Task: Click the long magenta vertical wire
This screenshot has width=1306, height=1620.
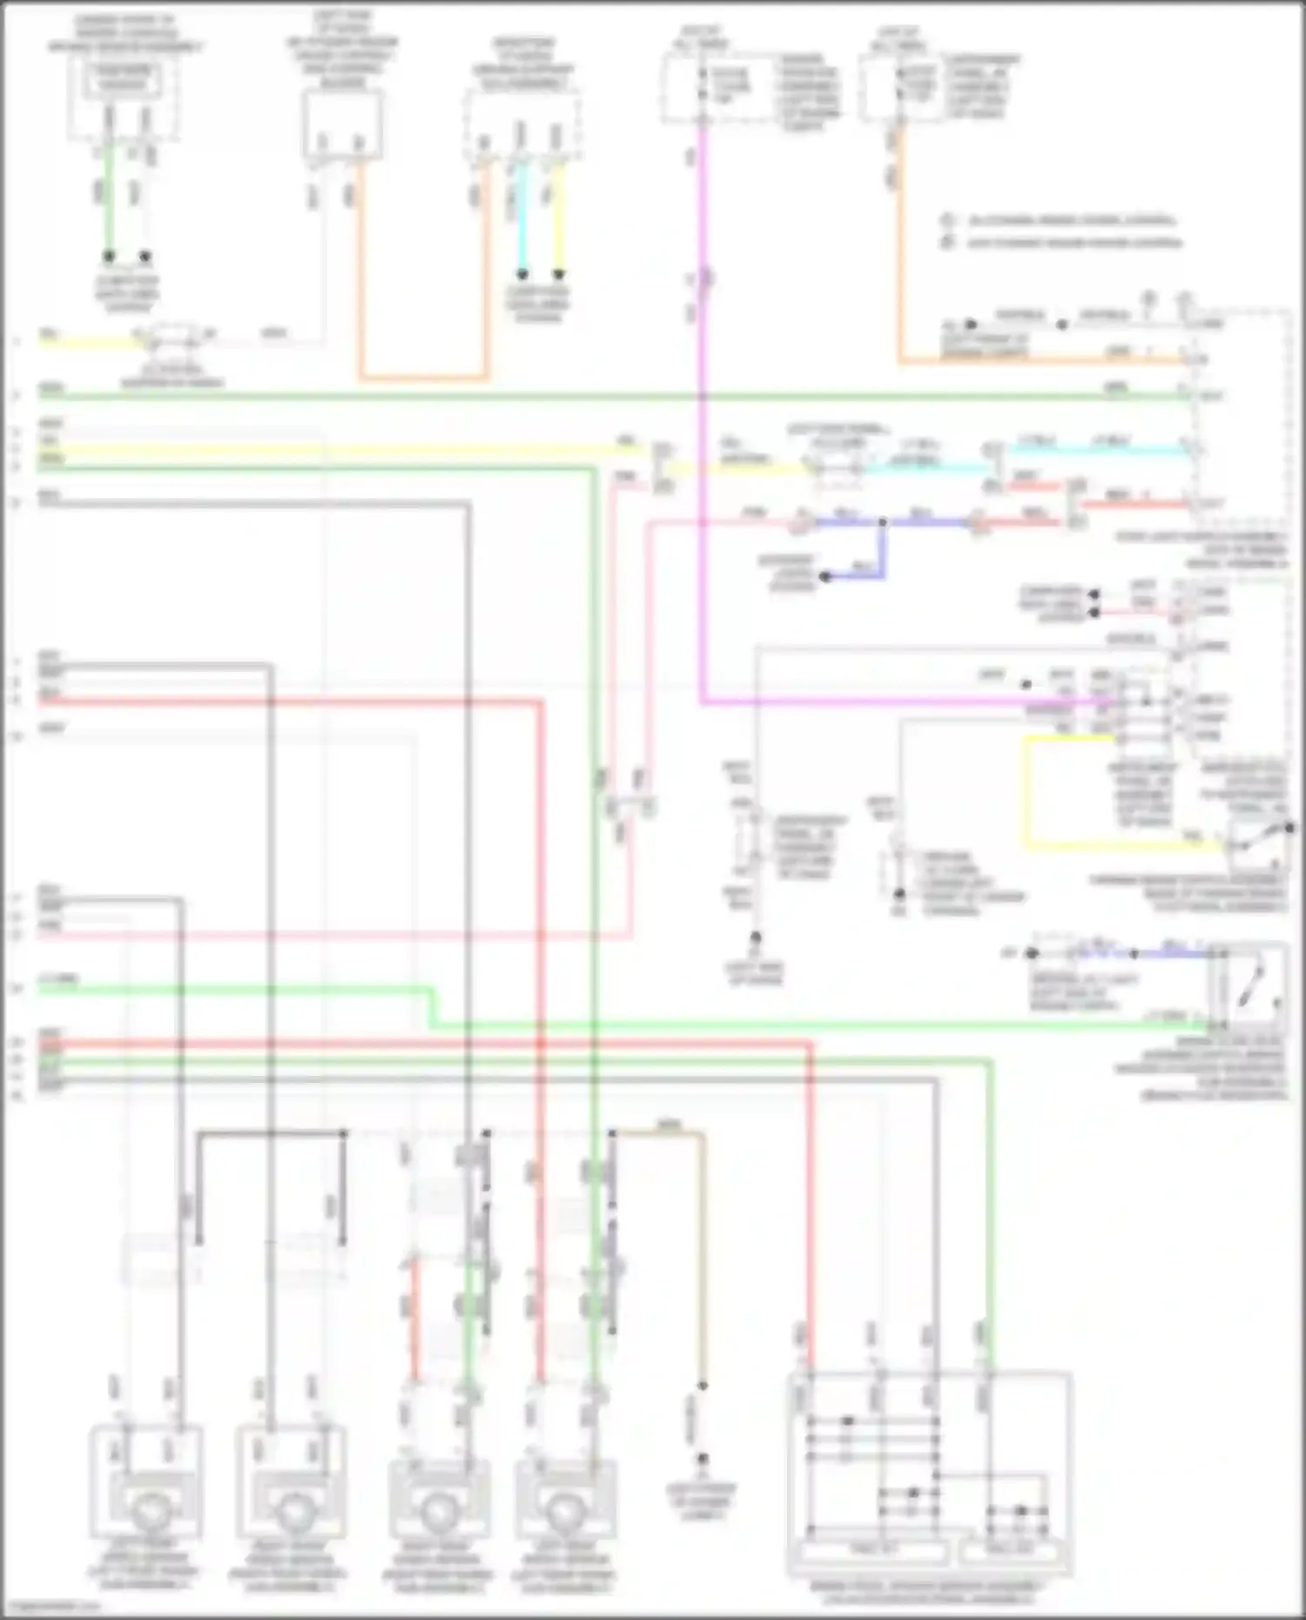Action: coord(701,435)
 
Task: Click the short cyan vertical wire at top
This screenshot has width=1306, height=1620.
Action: coord(522,218)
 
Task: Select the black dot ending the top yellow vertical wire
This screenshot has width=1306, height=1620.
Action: coord(560,273)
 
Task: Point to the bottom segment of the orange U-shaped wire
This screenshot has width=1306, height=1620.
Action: coord(423,379)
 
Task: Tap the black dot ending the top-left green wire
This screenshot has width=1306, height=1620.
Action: coord(109,257)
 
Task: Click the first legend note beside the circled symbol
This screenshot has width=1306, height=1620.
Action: coord(1071,221)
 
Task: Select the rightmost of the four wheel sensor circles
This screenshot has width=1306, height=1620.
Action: coord(566,1514)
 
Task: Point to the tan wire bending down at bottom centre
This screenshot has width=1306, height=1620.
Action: coord(702,1254)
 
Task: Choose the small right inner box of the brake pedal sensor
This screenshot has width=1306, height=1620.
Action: coord(1010,1550)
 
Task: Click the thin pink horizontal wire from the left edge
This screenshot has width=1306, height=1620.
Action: coord(331,937)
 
